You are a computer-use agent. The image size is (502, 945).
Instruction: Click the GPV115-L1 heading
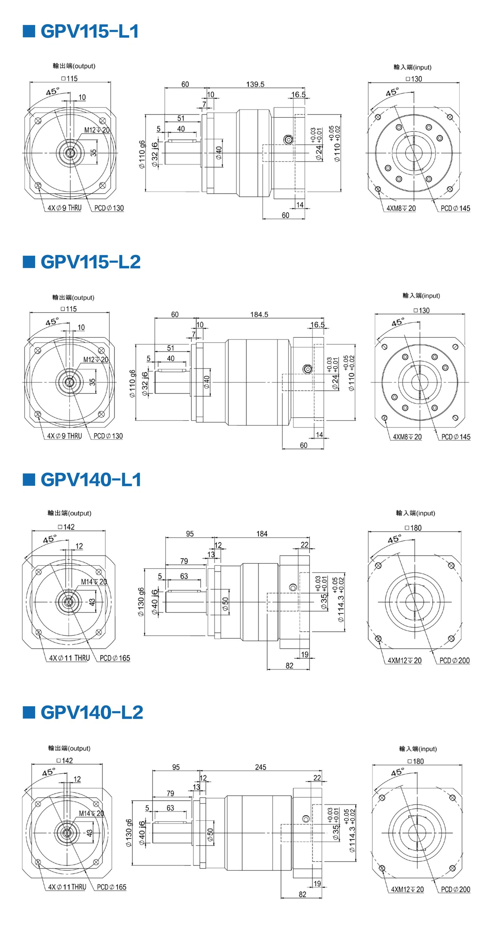[x=89, y=31]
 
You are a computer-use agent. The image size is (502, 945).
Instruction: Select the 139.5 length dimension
[x=255, y=85]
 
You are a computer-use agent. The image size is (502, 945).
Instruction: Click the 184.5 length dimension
[x=259, y=314]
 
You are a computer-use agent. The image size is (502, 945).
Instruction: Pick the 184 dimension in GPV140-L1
[x=262, y=534]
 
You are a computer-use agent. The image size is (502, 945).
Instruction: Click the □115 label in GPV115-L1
[x=69, y=79]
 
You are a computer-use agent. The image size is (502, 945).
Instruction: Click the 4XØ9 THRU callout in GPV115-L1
[x=65, y=208]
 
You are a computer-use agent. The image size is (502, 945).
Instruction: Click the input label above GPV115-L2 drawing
[x=421, y=296]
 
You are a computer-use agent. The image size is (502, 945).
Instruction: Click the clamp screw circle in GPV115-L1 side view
[x=288, y=139]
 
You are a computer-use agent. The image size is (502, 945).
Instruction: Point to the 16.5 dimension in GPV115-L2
[x=317, y=325]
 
